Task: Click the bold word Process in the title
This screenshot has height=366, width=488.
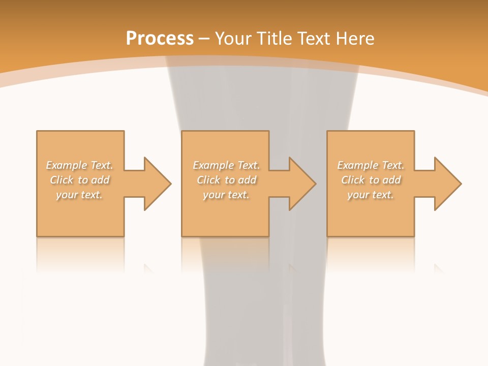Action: point(160,39)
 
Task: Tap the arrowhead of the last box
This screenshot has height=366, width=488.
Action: point(447,184)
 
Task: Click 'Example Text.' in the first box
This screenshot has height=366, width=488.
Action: point(79,165)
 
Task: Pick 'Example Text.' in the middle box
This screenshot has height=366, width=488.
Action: point(226,165)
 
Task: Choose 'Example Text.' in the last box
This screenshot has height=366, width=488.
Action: point(371,165)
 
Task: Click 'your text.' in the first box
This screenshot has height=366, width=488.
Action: point(79,195)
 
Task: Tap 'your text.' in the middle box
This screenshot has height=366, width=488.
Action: point(226,195)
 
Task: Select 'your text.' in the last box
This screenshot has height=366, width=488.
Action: point(371,195)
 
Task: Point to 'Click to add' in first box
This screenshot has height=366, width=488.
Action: point(79,180)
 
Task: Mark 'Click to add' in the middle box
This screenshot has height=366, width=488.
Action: point(226,180)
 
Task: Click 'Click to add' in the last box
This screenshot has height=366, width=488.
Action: point(371,180)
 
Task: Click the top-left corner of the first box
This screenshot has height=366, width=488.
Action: point(37,131)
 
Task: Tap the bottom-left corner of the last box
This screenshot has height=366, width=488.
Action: point(327,236)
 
